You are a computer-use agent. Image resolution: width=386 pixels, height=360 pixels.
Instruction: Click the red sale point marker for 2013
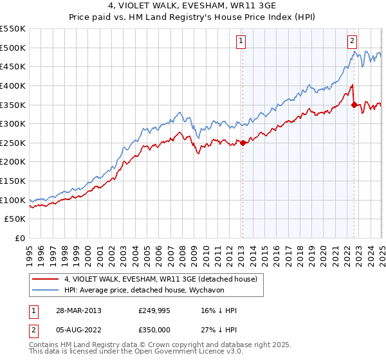[243, 143]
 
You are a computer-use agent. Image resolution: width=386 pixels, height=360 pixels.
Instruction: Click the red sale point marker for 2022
[354, 105]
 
